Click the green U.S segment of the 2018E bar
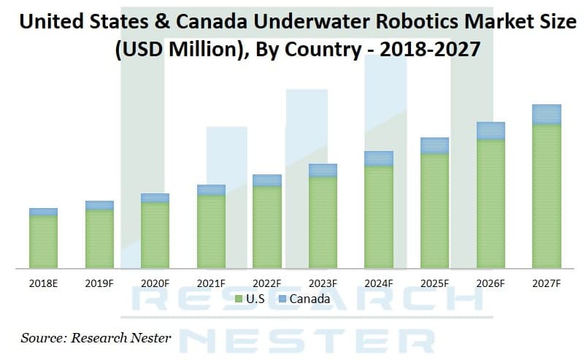click(43, 242)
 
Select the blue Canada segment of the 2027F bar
click(546, 115)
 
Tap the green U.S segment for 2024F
click(378, 217)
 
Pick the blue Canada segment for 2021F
click(211, 190)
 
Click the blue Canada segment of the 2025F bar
click(434, 145)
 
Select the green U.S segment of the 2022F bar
click(267, 227)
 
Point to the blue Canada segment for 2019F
click(99, 205)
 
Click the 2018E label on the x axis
click(43, 283)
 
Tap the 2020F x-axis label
click(155, 283)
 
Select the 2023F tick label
click(323, 283)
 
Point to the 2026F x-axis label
click(491, 283)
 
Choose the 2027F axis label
click(546, 283)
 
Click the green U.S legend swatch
click(239, 299)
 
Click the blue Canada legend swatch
click(283, 299)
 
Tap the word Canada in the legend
click(310, 299)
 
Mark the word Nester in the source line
click(149, 337)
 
